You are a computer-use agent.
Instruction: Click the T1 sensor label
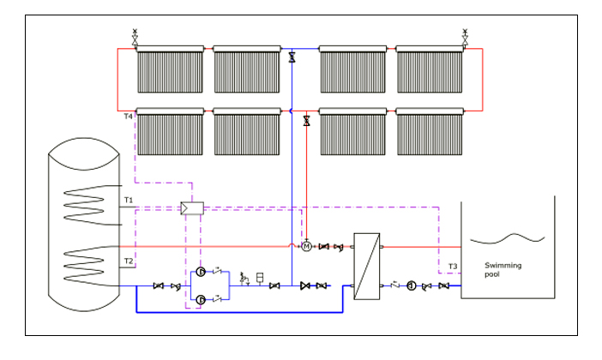(x=128, y=201)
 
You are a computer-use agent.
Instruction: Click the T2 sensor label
(x=128, y=261)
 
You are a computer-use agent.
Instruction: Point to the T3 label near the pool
(x=452, y=267)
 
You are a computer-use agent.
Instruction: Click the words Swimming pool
(x=503, y=270)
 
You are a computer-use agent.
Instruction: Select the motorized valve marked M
(x=306, y=247)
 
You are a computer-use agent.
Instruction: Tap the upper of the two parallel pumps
(x=201, y=272)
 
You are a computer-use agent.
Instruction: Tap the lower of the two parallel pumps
(x=201, y=299)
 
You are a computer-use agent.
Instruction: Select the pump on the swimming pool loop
(x=412, y=286)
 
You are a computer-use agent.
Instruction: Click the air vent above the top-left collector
(x=135, y=37)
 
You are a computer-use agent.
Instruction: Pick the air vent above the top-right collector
(x=466, y=37)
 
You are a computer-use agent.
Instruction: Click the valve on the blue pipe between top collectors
(x=292, y=57)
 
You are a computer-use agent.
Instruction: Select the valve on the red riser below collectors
(x=306, y=121)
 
